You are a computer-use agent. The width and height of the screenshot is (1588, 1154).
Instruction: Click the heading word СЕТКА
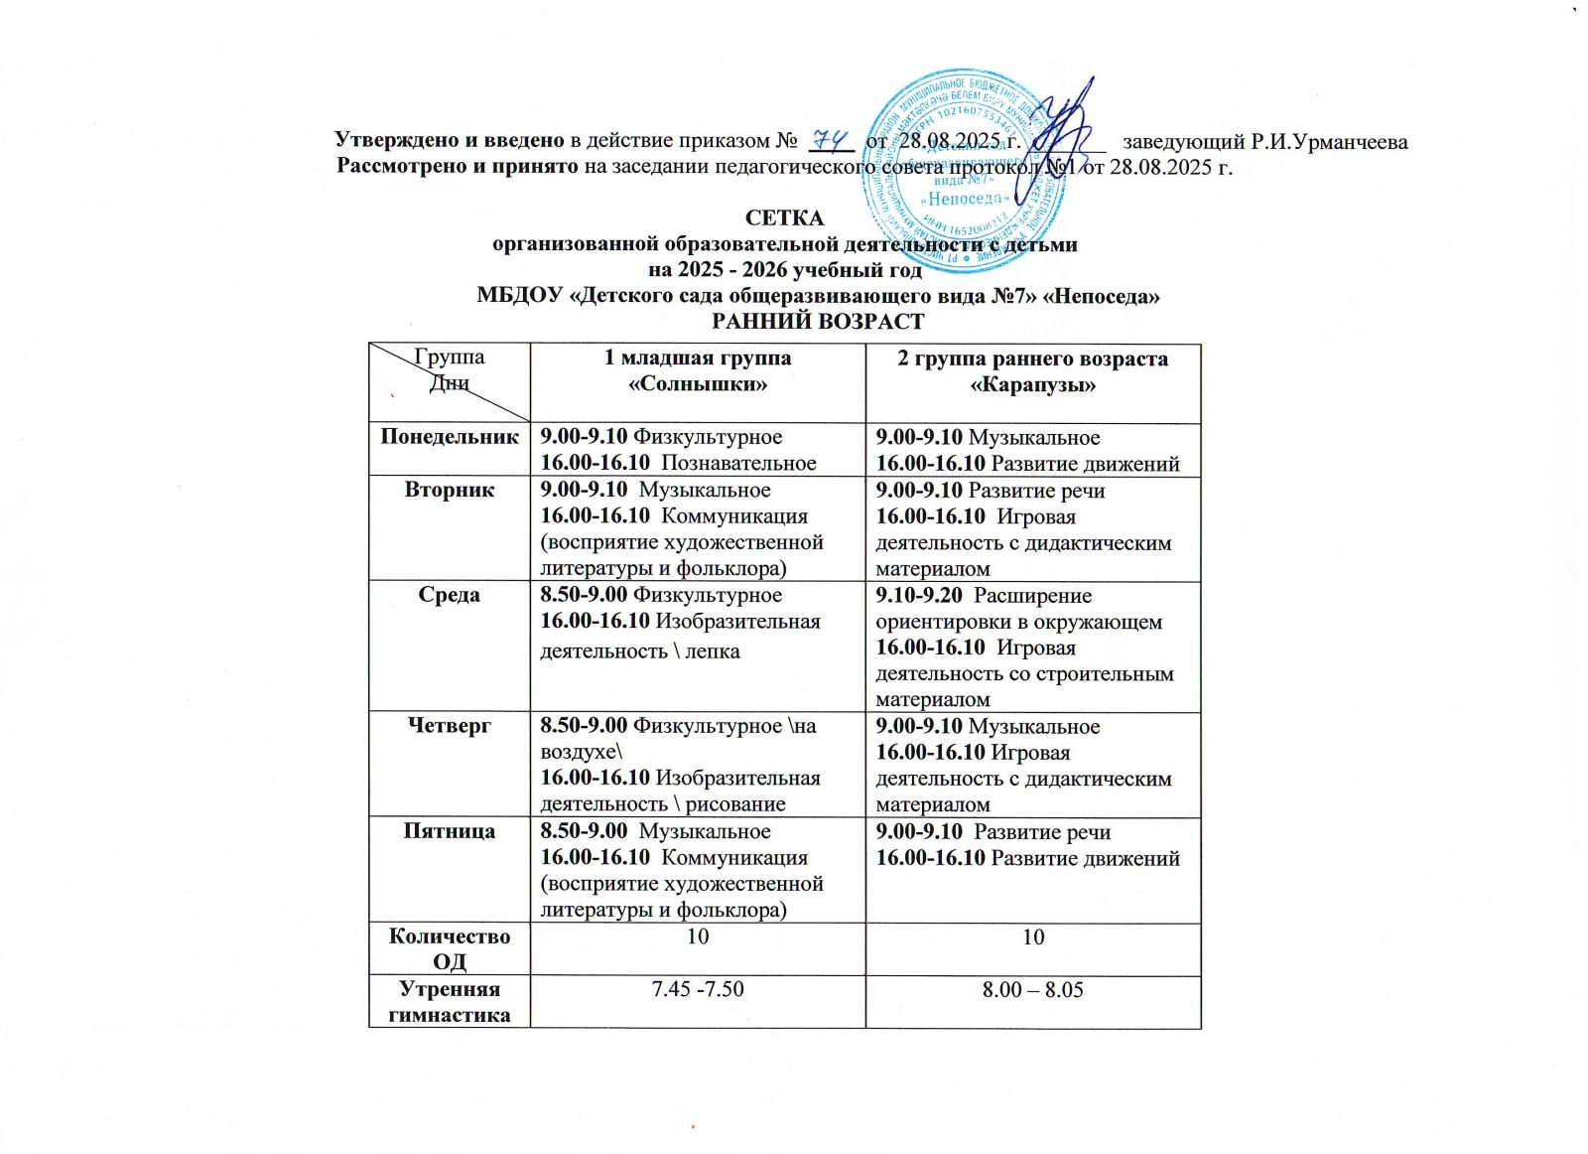tap(784, 217)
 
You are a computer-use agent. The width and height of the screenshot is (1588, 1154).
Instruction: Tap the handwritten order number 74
tap(828, 138)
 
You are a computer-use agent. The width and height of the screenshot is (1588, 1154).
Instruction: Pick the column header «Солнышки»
tap(699, 383)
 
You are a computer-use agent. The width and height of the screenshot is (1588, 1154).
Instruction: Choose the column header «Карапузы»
tap(1032, 384)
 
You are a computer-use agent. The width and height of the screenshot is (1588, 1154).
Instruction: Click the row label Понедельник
tap(450, 437)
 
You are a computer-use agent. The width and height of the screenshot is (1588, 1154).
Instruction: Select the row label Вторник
tap(450, 490)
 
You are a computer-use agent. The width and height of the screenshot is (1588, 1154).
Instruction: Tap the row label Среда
tap(450, 595)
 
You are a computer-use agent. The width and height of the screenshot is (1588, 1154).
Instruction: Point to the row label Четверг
tap(450, 726)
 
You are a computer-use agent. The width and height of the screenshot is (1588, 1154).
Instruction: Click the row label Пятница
tap(450, 831)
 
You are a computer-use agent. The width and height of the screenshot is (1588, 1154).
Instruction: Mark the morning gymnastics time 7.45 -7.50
tap(698, 989)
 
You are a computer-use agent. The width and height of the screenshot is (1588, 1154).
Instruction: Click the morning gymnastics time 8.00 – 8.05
tap(1032, 989)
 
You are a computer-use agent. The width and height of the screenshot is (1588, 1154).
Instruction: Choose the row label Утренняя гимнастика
tap(450, 1001)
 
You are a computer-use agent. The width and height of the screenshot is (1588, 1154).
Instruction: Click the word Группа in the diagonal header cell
tap(450, 358)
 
